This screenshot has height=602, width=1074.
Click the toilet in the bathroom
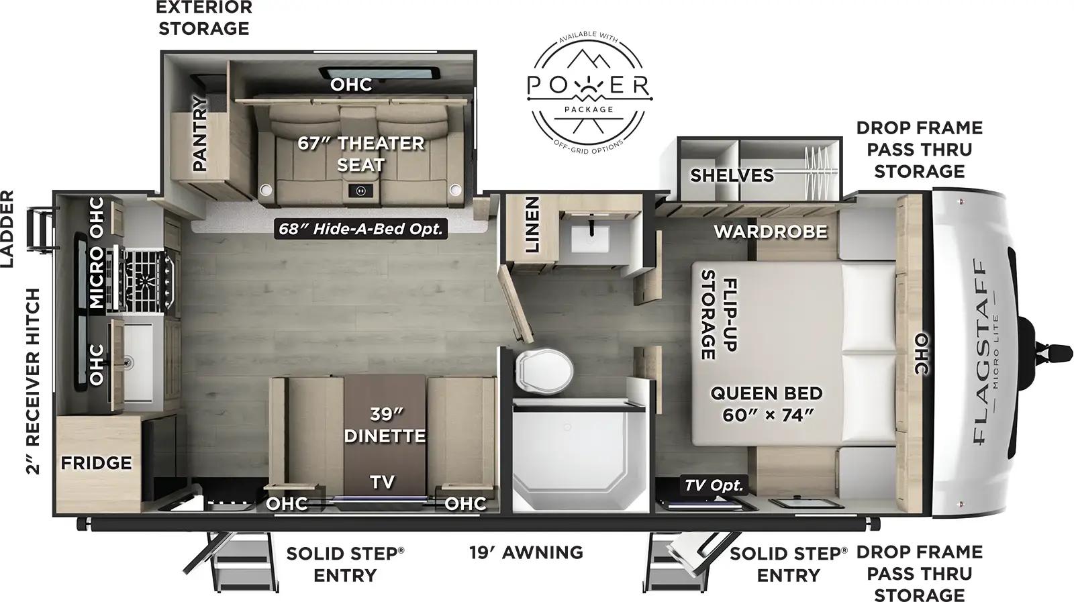coord(544,370)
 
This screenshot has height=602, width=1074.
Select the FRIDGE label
coord(96,462)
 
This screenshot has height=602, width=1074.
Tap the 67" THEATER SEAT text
coord(361,154)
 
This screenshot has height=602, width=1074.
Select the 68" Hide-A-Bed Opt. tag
coord(362,229)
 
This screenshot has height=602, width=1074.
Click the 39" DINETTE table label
coord(385,425)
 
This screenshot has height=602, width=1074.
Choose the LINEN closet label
coord(532,224)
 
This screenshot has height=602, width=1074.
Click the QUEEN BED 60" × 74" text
coord(766,403)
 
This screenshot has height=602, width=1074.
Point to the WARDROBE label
coord(770,232)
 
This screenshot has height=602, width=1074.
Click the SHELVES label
coord(732,175)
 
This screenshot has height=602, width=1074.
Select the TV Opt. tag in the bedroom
coord(714,485)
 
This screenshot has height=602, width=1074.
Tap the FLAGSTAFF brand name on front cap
coord(981,352)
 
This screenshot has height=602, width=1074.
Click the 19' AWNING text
coord(526,552)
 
